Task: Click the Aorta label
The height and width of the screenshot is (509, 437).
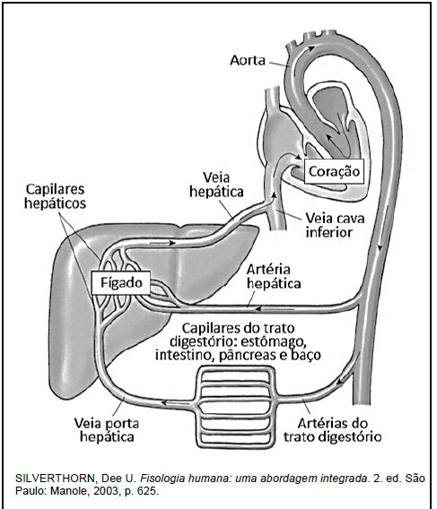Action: (x=248, y=60)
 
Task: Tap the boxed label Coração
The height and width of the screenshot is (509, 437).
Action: (x=334, y=171)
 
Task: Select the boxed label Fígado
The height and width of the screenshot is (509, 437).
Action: (x=121, y=282)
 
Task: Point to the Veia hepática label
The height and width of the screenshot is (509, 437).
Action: (x=216, y=185)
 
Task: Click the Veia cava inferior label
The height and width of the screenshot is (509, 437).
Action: (x=335, y=225)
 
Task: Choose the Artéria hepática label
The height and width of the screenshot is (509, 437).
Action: (x=274, y=276)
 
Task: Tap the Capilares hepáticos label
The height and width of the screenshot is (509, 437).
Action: (x=55, y=196)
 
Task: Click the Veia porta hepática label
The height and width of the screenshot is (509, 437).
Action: (x=107, y=430)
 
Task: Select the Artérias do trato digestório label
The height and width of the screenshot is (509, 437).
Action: (x=332, y=430)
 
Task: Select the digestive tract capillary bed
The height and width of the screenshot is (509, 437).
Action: (x=235, y=407)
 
